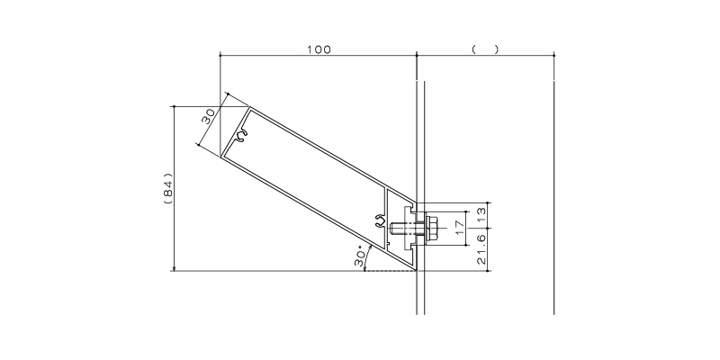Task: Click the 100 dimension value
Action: point(319,49)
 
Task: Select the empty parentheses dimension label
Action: point(485,49)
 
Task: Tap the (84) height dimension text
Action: point(168,188)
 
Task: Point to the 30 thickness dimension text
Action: point(208,117)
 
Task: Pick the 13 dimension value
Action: point(481,214)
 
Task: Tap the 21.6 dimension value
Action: point(481,249)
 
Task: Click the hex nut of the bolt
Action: point(431,228)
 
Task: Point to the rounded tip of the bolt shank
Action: point(391,228)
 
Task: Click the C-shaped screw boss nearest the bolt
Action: point(380,220)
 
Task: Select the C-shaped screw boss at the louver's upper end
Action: point(242,136)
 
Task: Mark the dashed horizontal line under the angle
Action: point(391,271)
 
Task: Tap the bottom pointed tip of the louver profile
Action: point(416,271)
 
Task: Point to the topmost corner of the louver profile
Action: point(249,107)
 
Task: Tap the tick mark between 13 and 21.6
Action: point(488,228)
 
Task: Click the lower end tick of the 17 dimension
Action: point(466,245)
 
